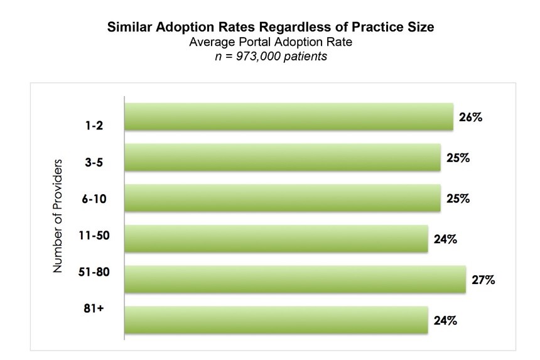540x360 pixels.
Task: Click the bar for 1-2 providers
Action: (x=289, y=117)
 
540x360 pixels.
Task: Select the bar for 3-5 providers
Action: (x=283, y=158)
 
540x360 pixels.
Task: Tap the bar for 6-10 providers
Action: (x=283, y=198)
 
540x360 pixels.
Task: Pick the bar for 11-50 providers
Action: (x=276, y=239)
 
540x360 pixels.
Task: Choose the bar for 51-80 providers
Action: (x=295, y=280)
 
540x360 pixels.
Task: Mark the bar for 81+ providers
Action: (x=276, y=320)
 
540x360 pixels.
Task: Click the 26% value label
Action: (x=470, y=117)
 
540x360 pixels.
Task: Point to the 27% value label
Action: (x=483, y=280)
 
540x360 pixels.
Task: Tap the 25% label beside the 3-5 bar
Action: (x=458, y=158)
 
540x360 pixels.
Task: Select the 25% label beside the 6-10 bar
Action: (x=458, y=199)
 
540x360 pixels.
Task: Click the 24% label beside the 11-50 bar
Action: (x=445, y=239)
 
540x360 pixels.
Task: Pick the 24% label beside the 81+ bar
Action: (x=445, y=320)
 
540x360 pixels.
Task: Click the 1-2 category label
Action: (x=94, y=126)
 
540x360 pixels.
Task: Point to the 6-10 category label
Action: (x=94, y=199)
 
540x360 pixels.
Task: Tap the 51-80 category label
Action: (x=94, y=272)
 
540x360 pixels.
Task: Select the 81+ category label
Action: (x=94, y=308)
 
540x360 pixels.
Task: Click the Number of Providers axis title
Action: (x=58, y=216)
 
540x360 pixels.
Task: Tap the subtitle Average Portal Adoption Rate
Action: (x=271, y=42)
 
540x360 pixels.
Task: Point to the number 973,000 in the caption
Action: (x=258, y=56)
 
